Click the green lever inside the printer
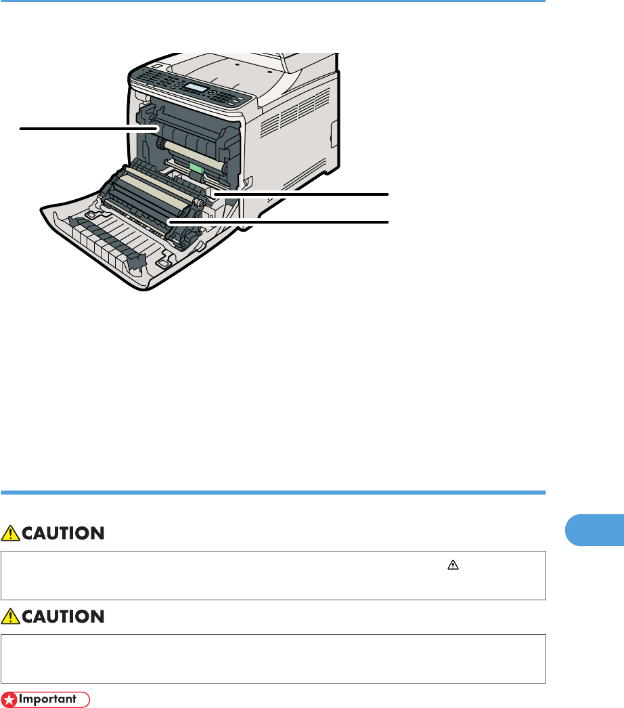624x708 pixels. click(x=197, y=166)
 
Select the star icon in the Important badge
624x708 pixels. click(x=9, y=699)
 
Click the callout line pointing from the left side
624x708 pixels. click(x=88, y=127)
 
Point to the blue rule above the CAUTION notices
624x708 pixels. click(x=273, y=493)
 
